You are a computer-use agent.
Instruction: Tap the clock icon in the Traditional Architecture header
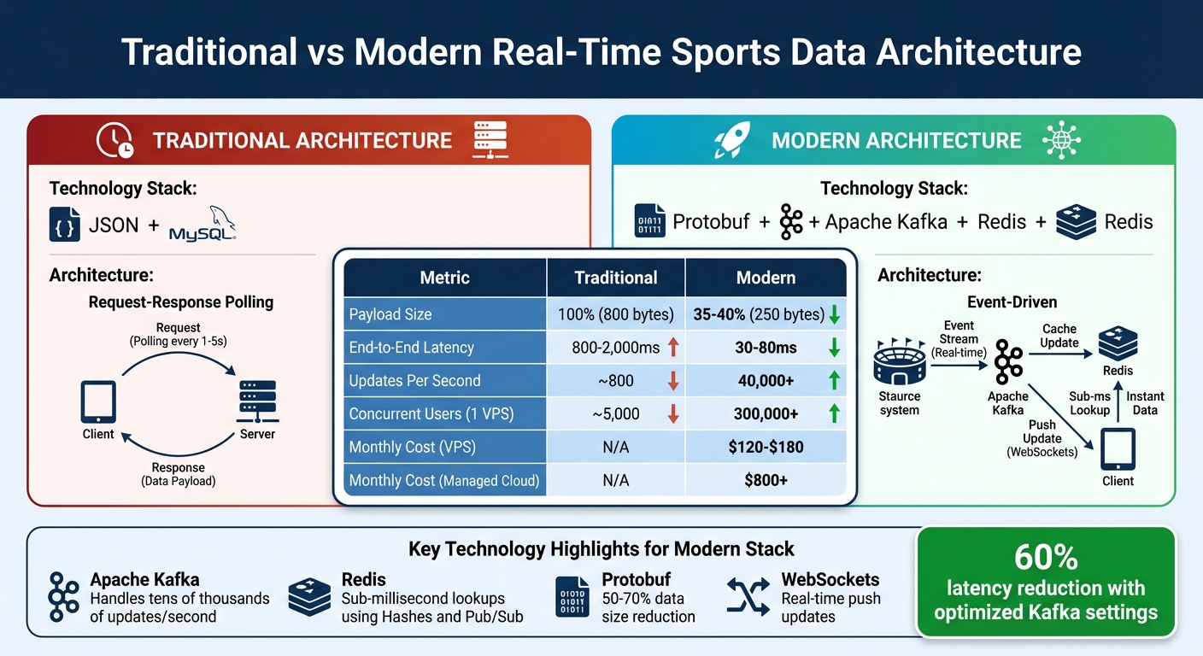point(114,140)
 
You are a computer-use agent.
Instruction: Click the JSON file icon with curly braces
point(65,224)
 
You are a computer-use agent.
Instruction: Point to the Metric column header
point(444,278)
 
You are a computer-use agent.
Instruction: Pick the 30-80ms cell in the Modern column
point(766,348)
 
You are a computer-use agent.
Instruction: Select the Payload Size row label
point(390,314)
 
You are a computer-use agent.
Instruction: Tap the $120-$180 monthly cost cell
point(766,447)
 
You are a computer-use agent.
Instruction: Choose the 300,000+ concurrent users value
point(766,414)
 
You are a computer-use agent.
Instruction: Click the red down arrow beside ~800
point(672,381)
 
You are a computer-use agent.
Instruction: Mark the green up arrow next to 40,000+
point(834,381)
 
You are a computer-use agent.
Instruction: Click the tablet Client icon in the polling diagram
point(97,401)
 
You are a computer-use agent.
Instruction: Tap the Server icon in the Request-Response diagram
point(256,401)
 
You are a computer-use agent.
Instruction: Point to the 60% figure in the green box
point(1045,558)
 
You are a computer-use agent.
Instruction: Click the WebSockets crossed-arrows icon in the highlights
point(748,596)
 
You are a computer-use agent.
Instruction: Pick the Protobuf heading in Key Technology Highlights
point(636,580)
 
